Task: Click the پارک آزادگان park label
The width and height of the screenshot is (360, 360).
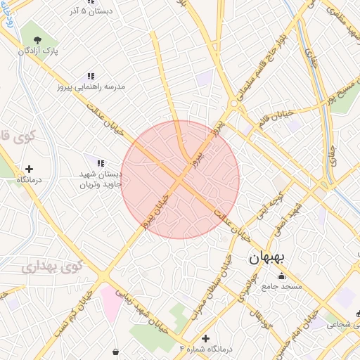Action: tap(38, 51)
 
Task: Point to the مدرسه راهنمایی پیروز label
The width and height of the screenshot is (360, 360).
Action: tap(91, 86)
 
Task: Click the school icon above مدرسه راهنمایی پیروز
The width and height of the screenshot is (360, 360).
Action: tap(91, 76)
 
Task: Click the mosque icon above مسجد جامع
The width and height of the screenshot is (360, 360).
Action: tap(281, 276)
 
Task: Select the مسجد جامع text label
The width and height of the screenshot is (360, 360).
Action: tap(281, 286)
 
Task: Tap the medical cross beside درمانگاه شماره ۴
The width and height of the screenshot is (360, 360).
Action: tap(205, 338)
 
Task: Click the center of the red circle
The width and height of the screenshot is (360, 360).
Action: tap(180, 179)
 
